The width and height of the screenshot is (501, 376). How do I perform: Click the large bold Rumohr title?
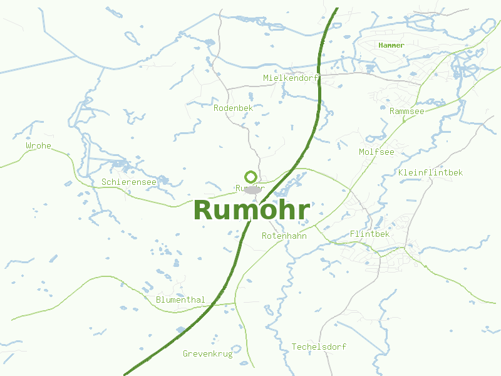tap(251, 211)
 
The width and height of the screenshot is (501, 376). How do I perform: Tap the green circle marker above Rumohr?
tap(250, 177)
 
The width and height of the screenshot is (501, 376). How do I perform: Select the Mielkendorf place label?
tap(291, 78)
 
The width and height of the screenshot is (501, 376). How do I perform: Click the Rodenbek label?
tap(233, 108)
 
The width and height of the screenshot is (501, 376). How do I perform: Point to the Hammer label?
tap(391, 45)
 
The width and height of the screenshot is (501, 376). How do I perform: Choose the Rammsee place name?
tap(406, 111)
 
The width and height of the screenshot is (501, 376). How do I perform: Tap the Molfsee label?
tap(376, 152)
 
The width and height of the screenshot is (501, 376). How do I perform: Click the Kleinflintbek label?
tap(430, 172)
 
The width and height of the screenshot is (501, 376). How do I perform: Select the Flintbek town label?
tap(369, 234)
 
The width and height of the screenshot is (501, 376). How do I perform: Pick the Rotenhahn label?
tap(284, 236)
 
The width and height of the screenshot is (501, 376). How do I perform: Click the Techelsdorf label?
tap(319, 347)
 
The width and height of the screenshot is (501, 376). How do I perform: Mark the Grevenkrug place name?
tap(207, 353)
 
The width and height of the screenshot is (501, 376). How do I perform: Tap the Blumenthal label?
tap(180, 300)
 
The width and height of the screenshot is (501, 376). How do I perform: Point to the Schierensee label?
tap(128, 182)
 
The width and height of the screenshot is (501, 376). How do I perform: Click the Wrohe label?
tap(38, 146)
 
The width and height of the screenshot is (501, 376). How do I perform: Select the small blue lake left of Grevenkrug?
tap(181, 329)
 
